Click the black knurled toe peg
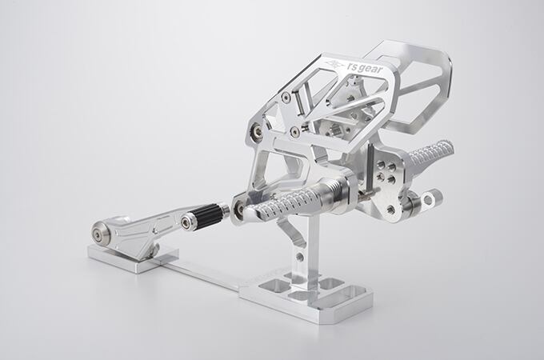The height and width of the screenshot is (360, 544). click(x=208, y=215)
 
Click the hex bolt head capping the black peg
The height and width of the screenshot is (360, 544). click(x=186, y=222)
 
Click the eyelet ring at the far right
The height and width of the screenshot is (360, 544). click(x=430, y=200)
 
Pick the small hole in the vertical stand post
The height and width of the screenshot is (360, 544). click(x=300, y=257)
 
